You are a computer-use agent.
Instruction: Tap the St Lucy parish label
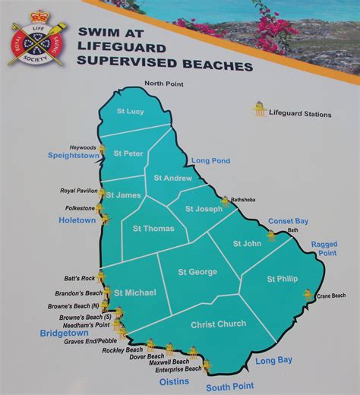(130, 112)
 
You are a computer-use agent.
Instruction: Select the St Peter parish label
(128, 153)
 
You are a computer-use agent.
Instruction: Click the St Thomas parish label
(153, 228)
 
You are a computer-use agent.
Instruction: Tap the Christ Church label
(219, 324)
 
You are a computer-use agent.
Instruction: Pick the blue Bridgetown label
(65, 333)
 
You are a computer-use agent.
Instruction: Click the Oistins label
(174, 381)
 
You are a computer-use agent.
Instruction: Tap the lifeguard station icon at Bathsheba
(226, 201)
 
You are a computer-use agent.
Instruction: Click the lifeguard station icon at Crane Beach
(308, 294)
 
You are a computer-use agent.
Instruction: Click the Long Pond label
(210, 161)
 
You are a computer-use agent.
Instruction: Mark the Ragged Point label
(324, 249)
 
